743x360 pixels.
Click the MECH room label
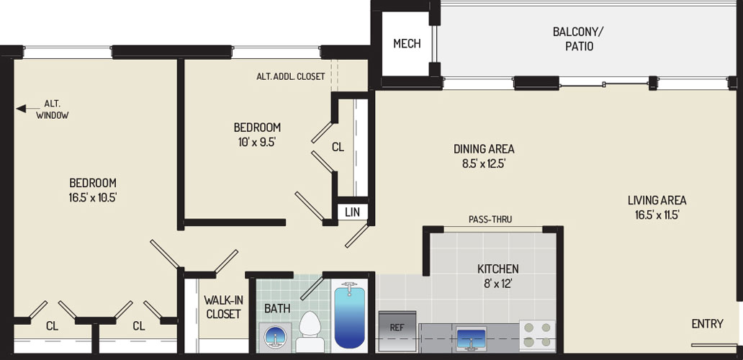point(407,44)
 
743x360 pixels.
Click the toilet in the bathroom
point(310,332)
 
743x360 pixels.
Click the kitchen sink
point(471,338)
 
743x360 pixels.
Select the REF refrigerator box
point(397,331)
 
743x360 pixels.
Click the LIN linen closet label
point(352,212)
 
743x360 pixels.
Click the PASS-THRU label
point(490,220)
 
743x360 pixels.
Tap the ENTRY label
point(708,324)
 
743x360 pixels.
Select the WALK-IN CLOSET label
point(222,307)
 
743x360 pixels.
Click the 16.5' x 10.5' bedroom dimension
point(93,198)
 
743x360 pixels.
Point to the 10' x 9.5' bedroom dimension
point(257,142)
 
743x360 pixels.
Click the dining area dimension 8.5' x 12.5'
point(484,164)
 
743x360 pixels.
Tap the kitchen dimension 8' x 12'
point(497,285)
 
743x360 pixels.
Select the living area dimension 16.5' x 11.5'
point(657,215)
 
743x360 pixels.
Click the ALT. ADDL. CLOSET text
point(290,76)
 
